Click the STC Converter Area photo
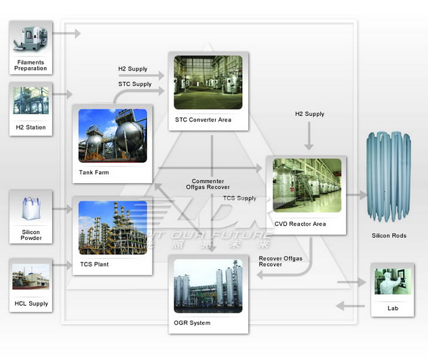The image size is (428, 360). tap(208, 82)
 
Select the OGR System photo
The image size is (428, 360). tap(208, 288)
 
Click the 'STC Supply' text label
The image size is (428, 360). tap(135, 84)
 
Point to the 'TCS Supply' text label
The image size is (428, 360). tap(239, 198)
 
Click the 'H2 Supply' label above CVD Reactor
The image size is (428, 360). tap(309, 114)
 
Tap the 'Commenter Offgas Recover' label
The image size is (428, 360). tap(210, 184)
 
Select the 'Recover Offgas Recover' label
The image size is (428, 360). tap(281, 262)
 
